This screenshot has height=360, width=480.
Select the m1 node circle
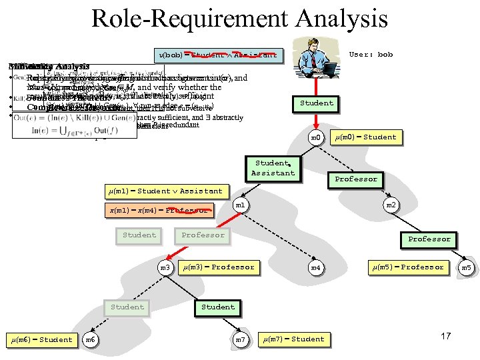tap(241, 205)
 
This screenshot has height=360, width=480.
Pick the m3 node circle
tap(165, 267)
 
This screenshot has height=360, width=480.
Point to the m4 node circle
tap(316, 268)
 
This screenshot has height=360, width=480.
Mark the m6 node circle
tap(91, 340)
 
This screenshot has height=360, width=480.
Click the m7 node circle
tap(241, 340)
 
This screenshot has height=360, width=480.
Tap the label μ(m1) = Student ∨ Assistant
tap(166, 191)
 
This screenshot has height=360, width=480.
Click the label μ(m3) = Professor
tap(219, 267)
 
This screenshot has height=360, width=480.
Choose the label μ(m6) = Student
tap(41, 339)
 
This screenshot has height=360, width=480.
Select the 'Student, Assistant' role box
tap(273, 168)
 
